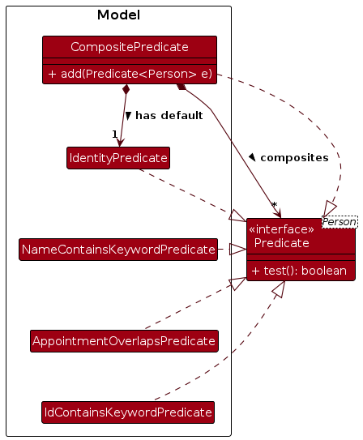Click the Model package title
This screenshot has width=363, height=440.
(x=118, y=15)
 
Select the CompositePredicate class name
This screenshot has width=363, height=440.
(x=130, y=47)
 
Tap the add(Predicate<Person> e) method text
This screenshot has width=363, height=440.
(x=130, y=74)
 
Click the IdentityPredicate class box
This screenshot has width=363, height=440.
(x=118, y=158)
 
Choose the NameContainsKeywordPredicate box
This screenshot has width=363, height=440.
(x=118, y=250)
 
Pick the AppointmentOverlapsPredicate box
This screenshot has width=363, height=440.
(x=124, y=341)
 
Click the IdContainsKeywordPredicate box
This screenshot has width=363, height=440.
(x=128, y=412)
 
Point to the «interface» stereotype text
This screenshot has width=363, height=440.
(x=281, y=229)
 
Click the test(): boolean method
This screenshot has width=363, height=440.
(x=299, y=271)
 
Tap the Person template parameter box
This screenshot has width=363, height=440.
(x=340, y=222)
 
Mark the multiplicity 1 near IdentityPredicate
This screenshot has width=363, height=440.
(x=115, y=135)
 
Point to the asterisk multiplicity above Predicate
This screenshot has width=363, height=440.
(x=275, y=205)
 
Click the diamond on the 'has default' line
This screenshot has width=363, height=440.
(x=126, y=89)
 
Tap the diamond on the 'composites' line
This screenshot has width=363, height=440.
(x=181, y=87)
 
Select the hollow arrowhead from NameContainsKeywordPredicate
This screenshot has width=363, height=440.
(x=238, y=250)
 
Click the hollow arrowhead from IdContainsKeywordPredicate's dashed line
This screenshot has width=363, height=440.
(x=280, y=289)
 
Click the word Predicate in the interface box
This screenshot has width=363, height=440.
(x=282, y=243)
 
